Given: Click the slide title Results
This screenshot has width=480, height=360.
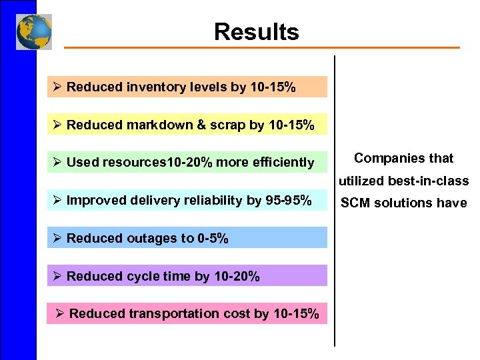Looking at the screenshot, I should (x=256, y=31).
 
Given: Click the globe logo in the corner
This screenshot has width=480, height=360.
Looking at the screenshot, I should (x=34, y=32).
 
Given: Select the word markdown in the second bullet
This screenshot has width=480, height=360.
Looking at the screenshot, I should (x=154, y=125).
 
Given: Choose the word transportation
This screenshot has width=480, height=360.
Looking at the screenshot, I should (x=168, y=313).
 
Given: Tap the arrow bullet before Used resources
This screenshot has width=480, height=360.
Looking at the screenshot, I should (x=57, y=163).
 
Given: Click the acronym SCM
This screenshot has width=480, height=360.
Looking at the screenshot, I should (x=356, y=203).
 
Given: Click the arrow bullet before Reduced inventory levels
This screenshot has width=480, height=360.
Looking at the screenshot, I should (x=57, y=87).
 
